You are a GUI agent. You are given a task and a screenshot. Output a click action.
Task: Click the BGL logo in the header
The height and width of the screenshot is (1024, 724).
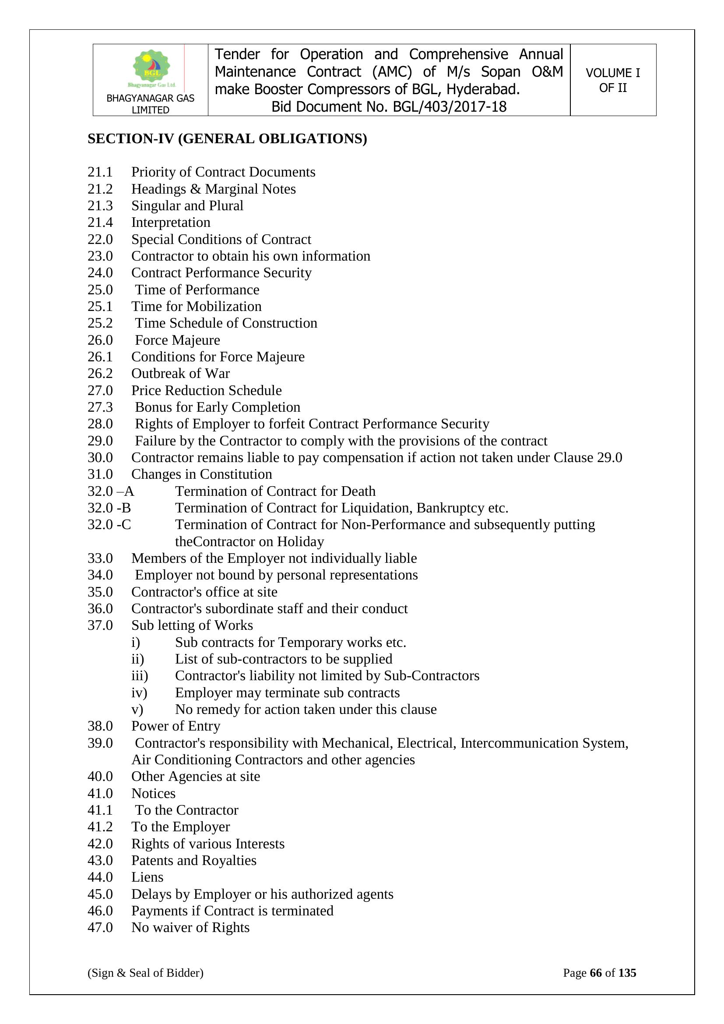tap(151, 68)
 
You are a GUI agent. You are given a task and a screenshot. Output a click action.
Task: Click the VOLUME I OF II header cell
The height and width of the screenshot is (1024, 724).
tap(612, 80)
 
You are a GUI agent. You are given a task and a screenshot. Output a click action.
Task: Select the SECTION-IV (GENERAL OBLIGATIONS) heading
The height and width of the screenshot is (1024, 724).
tap(227, 139)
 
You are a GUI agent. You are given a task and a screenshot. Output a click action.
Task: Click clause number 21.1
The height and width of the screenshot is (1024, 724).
tap(100, 172)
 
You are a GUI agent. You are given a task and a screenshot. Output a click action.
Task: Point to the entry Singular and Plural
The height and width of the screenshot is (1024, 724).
tap(187, 205)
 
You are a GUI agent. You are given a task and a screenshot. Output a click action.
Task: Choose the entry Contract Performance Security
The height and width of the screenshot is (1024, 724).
tap(221, 272)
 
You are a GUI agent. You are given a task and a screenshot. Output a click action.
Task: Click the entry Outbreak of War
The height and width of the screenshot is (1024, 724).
tap(180, 373)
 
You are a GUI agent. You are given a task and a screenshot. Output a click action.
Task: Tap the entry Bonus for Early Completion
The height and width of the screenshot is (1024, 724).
tap(218, 407)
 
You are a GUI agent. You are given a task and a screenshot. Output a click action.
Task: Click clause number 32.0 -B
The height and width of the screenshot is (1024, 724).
tap(109, 508)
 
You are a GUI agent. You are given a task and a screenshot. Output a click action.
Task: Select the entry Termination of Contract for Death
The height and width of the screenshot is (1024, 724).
tap(275, 491)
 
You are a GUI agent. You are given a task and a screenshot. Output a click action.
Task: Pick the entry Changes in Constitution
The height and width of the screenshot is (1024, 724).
tap(201, 474)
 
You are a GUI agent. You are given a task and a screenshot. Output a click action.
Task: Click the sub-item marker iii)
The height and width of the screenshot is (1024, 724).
tap(140, 676)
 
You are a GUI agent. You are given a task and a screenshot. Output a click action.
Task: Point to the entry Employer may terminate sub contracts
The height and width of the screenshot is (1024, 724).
tap(287, 692)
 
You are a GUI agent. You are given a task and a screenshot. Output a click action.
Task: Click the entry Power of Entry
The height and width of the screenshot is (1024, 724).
tap(176, 726)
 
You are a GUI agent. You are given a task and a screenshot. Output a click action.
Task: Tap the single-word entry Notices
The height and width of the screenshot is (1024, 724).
tap(153, 794)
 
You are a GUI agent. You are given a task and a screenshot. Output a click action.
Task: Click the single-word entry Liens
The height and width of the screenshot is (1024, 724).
tap(147, 877)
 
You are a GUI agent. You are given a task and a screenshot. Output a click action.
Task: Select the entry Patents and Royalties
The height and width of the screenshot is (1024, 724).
tap(194, 860)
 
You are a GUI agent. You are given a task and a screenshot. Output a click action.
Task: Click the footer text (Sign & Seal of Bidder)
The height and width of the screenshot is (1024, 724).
tap(145, 973)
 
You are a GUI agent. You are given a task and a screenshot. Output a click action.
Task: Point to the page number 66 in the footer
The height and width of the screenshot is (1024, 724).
tap(596, 973)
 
